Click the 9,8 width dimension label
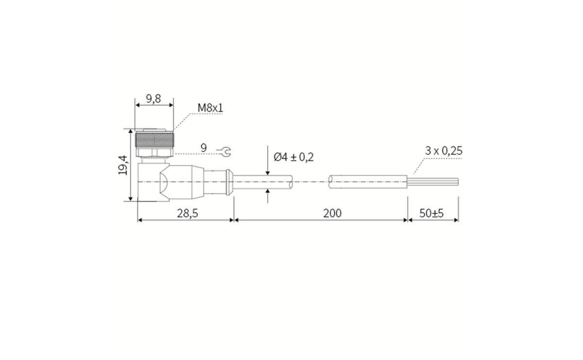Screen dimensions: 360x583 tap(154, 99)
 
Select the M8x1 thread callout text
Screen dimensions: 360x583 tap(210, 107)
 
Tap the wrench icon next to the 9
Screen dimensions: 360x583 tap(225, 152)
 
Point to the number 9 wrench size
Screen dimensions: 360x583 tap(204, 147)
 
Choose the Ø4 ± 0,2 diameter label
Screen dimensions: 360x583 tap(293, 157)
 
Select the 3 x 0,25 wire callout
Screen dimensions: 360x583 tap(443, 151)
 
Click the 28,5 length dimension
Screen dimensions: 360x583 tap(187, 213)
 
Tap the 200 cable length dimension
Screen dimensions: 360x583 tap(332, 213)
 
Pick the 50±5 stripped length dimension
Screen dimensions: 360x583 tap(431, 213)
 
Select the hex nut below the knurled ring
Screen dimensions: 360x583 tap(154, 153)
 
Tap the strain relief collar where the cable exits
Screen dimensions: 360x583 tap(229, 182)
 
